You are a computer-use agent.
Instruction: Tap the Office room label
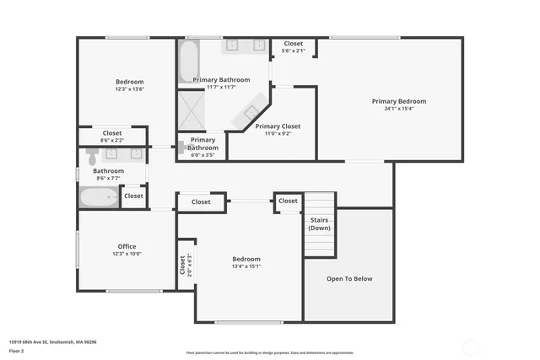pos(127,246)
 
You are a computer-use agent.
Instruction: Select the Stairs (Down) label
pos(319,224)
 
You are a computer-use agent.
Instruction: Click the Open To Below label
pos(349,278)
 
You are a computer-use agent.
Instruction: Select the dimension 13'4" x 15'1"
pos(246,266)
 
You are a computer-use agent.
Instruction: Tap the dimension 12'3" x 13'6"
pos(130,89)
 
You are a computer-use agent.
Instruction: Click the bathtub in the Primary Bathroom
pos(188,61)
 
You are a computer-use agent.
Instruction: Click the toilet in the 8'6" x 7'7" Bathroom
pos(92,154)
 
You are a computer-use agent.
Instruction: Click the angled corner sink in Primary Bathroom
pos(252,112)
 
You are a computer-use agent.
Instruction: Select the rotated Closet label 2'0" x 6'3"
pos(185,266)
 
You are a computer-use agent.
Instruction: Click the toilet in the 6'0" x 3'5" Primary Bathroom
pos(181,146)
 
